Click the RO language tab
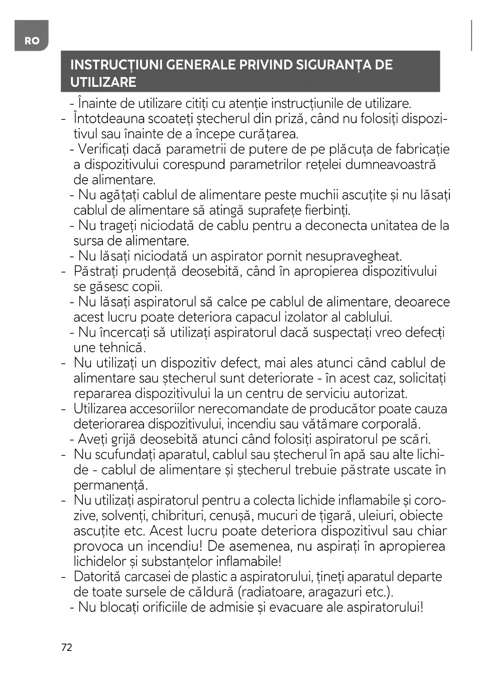(32, 40)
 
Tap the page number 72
(67, 647)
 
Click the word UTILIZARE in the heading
(103, 82)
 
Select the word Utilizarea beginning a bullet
(100, 409)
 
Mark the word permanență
(110, 486)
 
